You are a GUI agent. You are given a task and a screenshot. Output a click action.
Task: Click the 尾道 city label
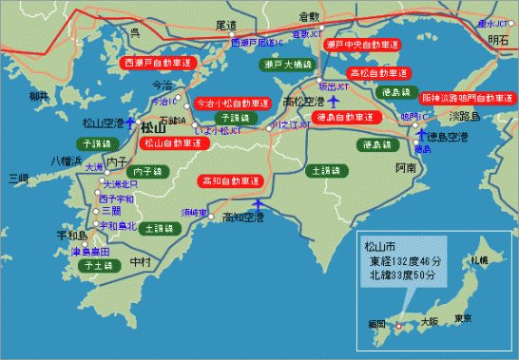tap(226, 26)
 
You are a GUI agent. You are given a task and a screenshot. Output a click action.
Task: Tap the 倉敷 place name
tap(310, 17)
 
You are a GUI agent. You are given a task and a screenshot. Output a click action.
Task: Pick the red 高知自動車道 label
tap(231, 180)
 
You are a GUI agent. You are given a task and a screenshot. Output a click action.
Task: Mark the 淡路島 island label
tap(465, 116)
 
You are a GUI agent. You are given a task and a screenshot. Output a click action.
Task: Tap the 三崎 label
tap(18, 177)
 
